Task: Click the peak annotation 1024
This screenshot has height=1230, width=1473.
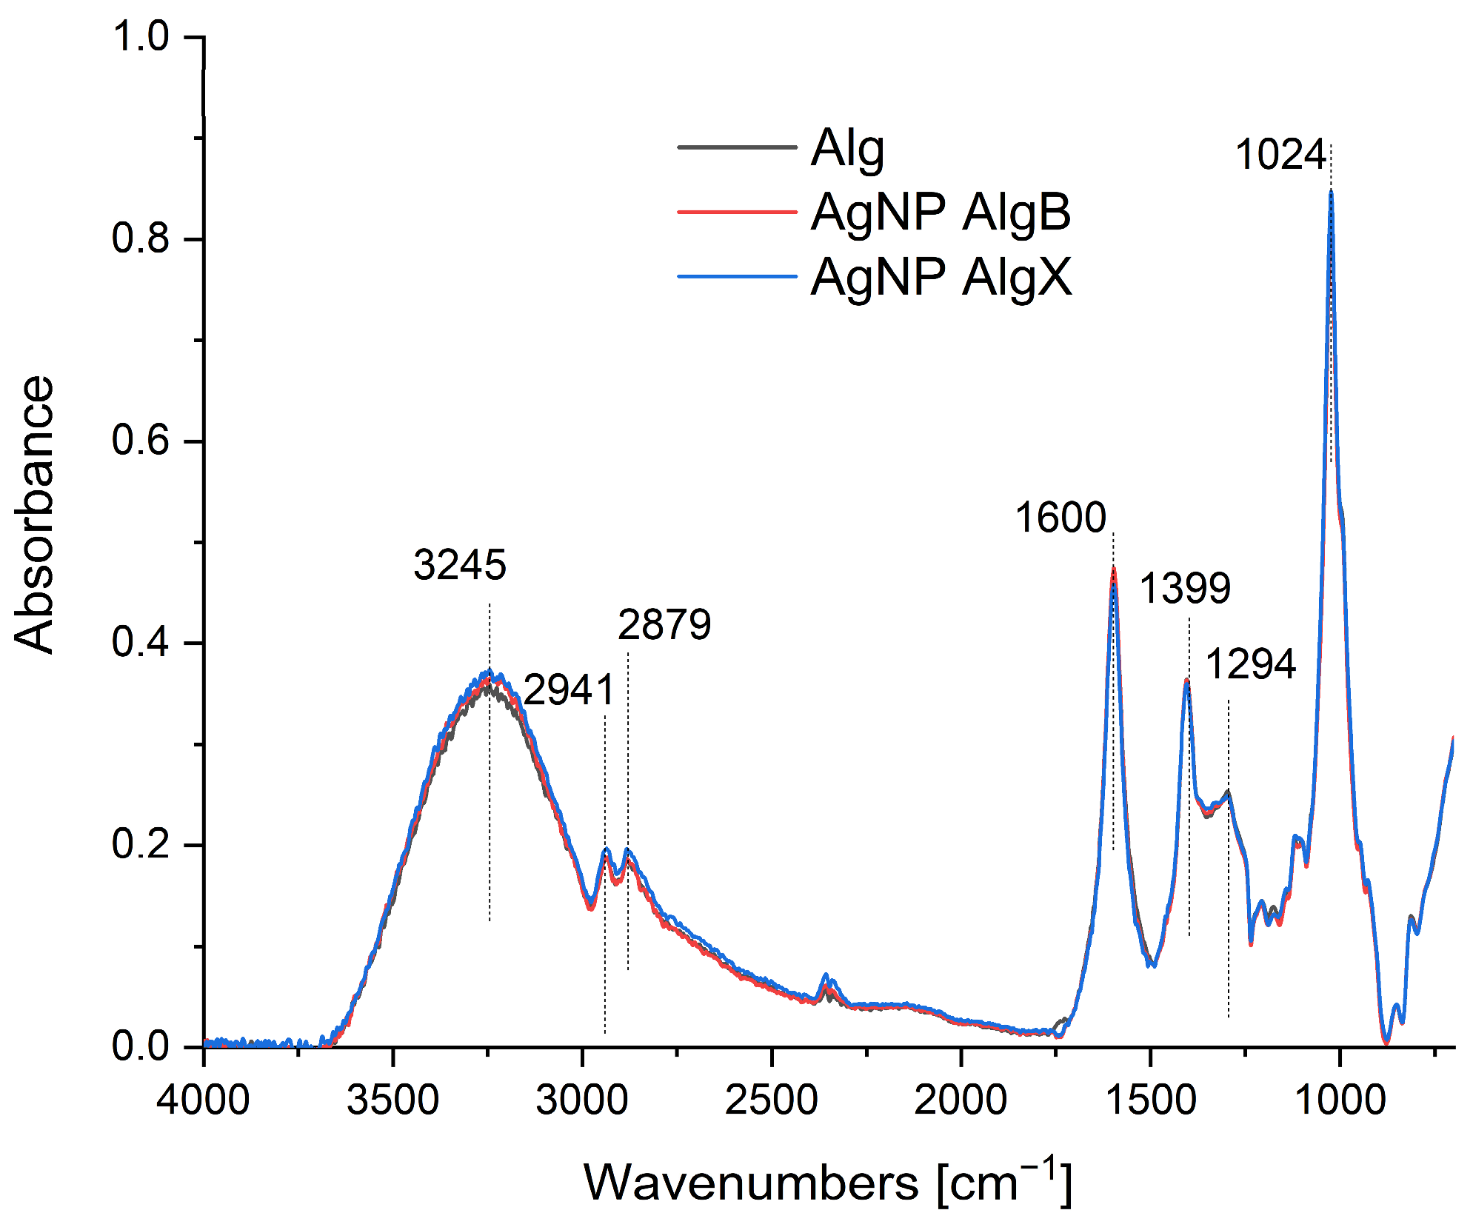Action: [1280, 156]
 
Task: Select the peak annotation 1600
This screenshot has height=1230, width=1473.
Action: [1060, 517]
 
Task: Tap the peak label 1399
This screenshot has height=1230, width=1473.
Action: [1185, 589]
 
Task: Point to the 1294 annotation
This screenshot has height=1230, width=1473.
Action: [1251, 664]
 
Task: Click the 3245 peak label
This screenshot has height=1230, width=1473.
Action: [460, 565]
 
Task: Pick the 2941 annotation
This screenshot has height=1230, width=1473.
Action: [569, 690]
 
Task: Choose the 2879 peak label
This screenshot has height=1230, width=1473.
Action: [664, 624]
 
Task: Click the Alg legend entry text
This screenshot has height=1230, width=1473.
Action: [847, 149]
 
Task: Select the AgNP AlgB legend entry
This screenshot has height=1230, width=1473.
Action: [941, 213]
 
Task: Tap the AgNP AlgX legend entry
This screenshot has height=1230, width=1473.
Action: [941, 278]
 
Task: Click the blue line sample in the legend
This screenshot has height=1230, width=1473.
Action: [737, 278]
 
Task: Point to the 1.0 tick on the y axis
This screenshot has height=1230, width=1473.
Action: [141, 36]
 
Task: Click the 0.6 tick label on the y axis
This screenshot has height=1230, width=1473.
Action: [141, 441]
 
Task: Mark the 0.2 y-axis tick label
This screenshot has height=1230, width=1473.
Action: [141, 844]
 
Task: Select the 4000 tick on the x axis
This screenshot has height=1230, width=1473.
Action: [203, 1099]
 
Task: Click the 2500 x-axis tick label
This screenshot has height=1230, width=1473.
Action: [771, 1099]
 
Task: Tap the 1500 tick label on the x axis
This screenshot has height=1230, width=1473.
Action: [1150, 1099]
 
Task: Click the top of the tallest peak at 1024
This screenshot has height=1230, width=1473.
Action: [1331, 192]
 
